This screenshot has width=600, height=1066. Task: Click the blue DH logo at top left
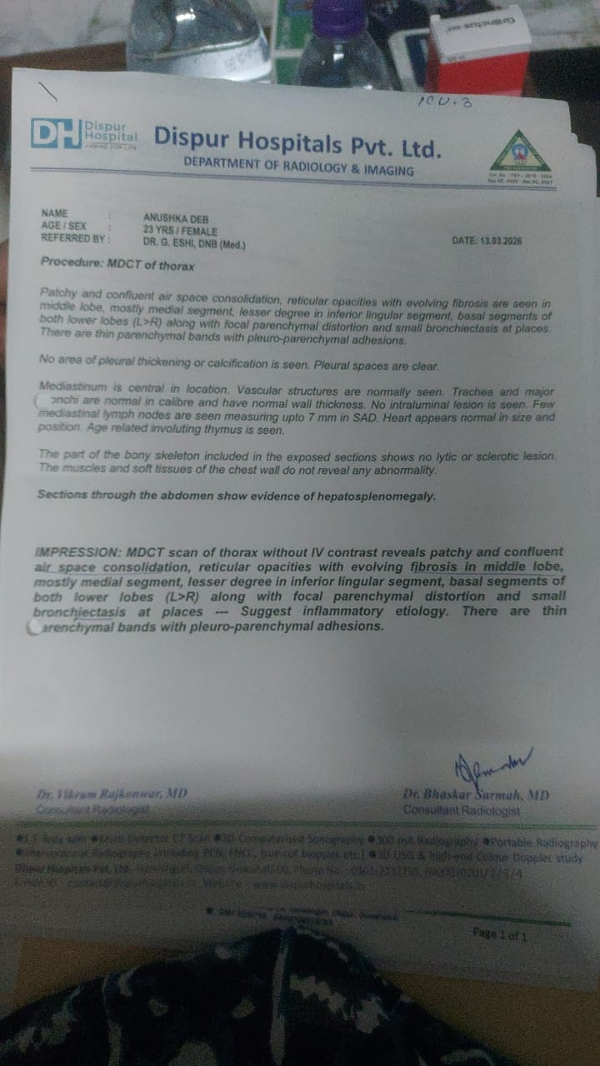click(57, 133)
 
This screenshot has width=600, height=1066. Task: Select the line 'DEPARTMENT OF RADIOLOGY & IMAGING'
click(298, 169)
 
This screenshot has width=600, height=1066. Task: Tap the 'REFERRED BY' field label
click(74, 238)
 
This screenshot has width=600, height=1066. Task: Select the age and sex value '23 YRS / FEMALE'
click(180, 232)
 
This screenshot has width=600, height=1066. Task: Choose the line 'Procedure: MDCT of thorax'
click(117, 263)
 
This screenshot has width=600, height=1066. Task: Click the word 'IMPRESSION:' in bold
click(77, 552)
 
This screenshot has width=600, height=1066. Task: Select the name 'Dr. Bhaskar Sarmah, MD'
click(476, 795)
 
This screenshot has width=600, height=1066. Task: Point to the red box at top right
click(479, 58)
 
